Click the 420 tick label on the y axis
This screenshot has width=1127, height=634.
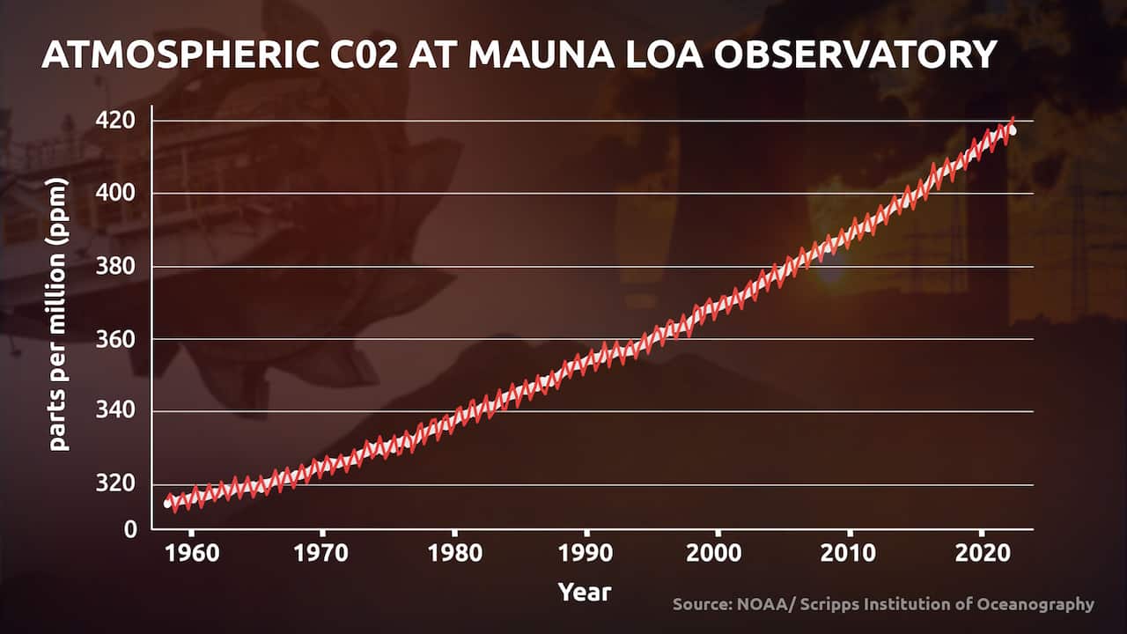pos(117,120)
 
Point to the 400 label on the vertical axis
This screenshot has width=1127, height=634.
pos(117,193)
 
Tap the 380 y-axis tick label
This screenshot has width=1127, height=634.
pos(117,266)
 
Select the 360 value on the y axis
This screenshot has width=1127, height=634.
pos(117,339)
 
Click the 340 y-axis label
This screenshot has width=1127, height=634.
pos(117,411)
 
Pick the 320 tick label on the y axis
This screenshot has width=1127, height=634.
pos(117,484)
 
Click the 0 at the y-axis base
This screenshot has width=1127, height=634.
pos(130,528)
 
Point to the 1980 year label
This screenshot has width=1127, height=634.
pos(453,554)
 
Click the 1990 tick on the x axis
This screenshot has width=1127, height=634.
pos(586,554)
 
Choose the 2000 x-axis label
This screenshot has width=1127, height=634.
pos(718,554)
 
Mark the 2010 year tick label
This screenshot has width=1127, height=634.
pos(849,554)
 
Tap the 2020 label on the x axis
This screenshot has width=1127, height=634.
pos(981,554)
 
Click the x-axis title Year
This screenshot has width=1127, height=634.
pos(584,591)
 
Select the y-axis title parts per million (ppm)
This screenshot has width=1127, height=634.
pos(59,314)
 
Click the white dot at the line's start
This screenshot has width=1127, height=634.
pos(167,503)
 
